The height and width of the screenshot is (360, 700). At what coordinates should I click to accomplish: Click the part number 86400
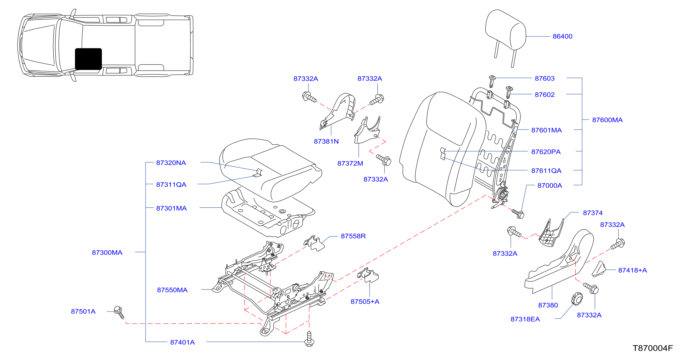coord(562,36)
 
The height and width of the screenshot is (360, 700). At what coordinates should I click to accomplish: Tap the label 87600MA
coord(607,120)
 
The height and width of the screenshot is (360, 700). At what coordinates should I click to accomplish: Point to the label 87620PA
coord(546,152)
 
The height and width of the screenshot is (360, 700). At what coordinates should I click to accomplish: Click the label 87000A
coord(549,185)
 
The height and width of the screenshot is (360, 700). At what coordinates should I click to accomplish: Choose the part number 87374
coord(592,213)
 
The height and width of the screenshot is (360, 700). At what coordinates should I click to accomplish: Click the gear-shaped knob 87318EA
coord(576,299)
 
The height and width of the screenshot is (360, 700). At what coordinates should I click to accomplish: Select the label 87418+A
coord(632,270)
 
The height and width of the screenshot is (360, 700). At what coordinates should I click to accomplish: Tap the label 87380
coord(548,305)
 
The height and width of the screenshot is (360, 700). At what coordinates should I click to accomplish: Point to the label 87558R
coord(353,236)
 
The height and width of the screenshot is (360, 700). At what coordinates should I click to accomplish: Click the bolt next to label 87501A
coord(119,312)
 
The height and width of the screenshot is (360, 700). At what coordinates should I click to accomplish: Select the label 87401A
coord(182,342)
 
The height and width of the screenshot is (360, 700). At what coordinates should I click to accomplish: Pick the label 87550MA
coord(172,290)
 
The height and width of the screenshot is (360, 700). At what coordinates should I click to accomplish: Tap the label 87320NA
coord(171,163)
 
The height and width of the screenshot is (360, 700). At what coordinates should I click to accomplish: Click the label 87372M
coord(350,163)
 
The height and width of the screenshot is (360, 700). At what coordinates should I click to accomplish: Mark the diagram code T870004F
coord(652,348)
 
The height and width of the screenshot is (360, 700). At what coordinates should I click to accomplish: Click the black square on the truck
coord(88,59)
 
